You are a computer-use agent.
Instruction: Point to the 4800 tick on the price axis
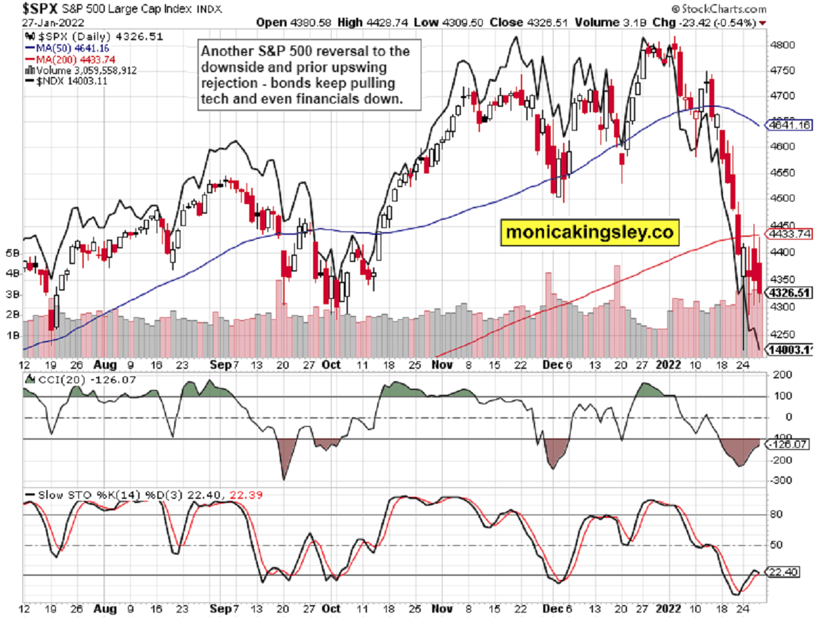click(779, 46)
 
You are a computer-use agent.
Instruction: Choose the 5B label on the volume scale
click(12, 253)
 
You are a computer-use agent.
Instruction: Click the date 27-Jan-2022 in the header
click(37, 22)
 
